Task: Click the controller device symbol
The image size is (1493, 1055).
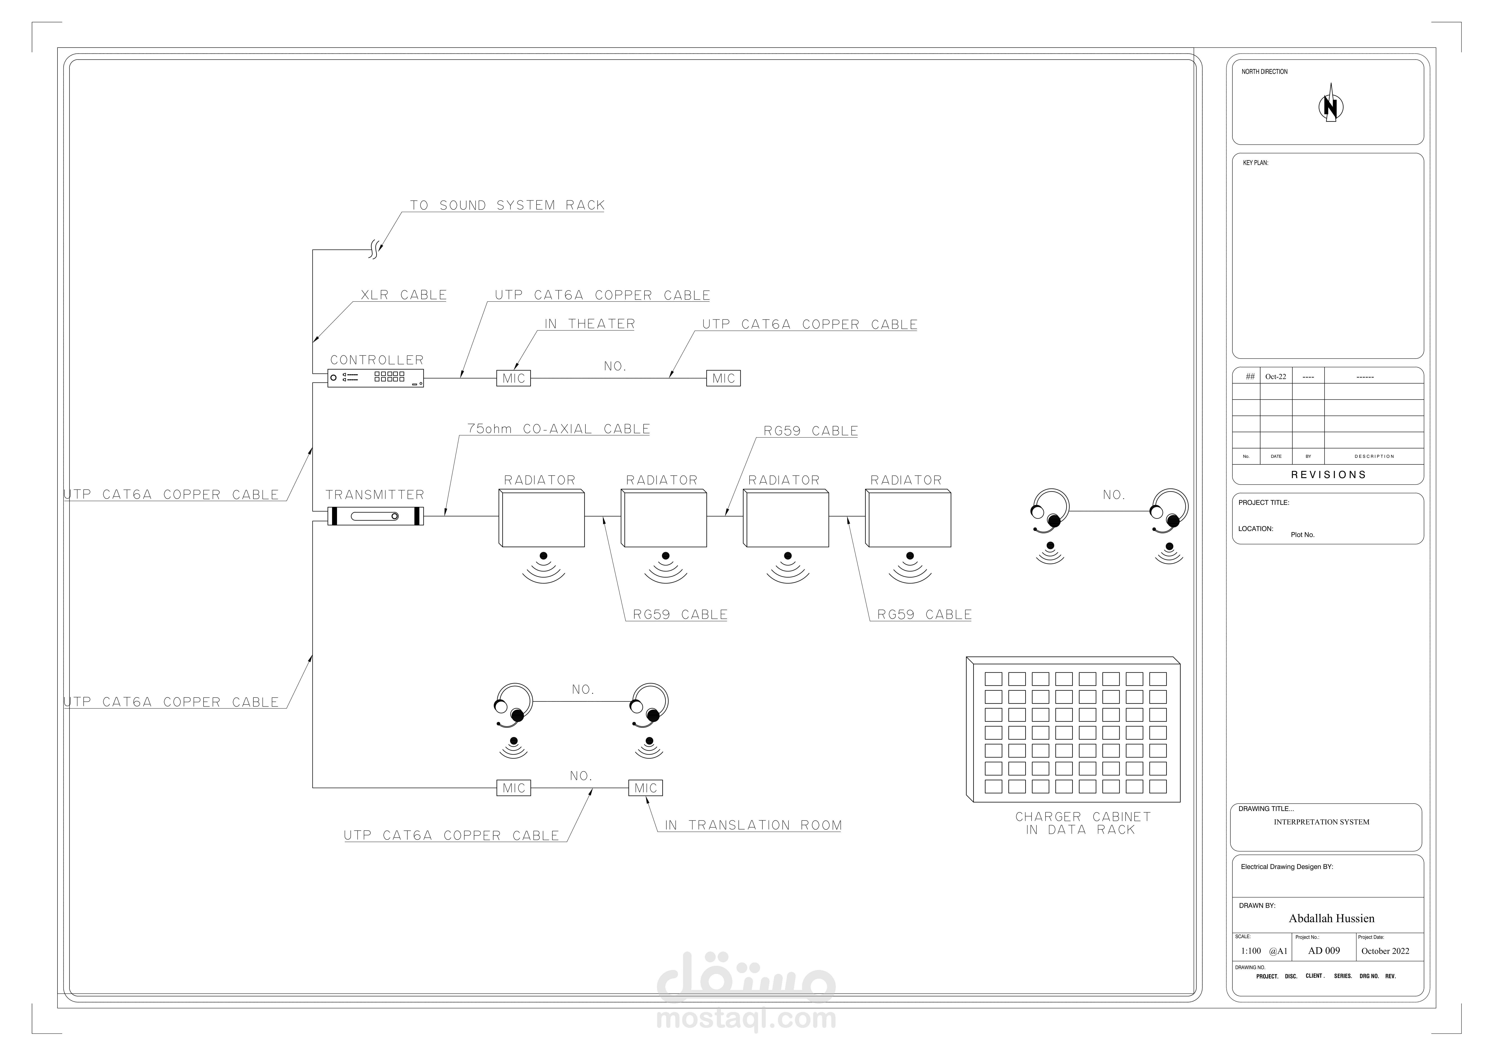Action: (375, 378)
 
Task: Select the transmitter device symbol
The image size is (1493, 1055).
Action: (375, 516)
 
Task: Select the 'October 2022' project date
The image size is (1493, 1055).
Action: (1385, 951)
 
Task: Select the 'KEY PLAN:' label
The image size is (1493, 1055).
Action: (1255, 163)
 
